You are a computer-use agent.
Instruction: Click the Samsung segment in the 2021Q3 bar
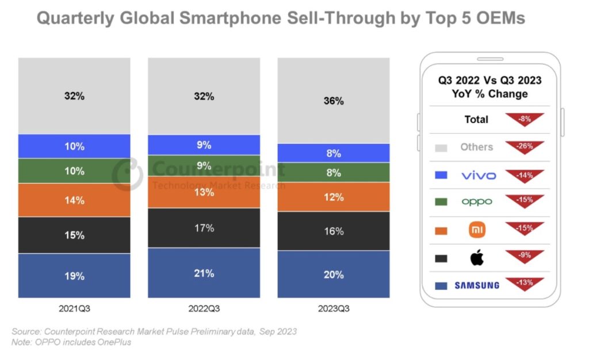point(74,275)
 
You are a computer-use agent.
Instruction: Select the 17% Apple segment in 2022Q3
point(204,228)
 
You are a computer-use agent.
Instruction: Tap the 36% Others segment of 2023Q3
point(333,101)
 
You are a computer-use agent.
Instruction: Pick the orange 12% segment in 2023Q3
point(333,197)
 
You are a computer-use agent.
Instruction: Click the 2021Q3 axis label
point(74,309)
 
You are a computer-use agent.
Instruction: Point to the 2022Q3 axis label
point(204,309)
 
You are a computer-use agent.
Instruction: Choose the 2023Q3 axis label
point(333,309)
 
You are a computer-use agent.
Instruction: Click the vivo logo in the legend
point(478,175)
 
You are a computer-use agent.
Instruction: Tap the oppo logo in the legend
point(477,202)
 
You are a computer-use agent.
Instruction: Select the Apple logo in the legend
point(477,258)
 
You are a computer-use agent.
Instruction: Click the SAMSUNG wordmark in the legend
point(477,285)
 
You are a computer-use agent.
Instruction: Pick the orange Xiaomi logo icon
point(477,230)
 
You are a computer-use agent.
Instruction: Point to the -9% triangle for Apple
point(524,255)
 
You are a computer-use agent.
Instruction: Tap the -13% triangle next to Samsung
point(524,282)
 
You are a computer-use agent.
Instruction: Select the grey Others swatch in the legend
point(441,147)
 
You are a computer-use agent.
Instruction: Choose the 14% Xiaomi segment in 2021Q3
point(74,200)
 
